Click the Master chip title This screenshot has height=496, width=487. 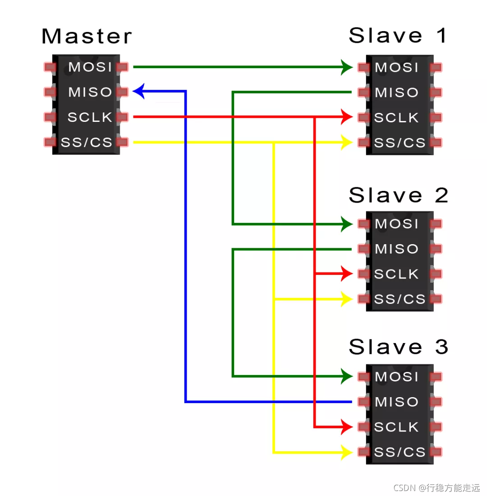(x=87, y=37)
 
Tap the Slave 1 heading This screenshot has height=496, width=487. (x=398, y=36)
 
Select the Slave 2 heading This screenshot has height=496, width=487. (x=398, y=195)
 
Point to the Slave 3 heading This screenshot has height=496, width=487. (x=398, y=347)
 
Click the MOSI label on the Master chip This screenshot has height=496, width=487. (x=90, y=67)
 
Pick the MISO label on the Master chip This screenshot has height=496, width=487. (x=90, y=93)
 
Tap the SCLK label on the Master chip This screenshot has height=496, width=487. (x=90, y=117)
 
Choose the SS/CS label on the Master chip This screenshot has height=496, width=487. (x=87, y=143)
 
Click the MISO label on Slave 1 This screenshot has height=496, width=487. (x=397, y=93)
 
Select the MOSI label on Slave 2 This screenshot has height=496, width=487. (x=397, y=224)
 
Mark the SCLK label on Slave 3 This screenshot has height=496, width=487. (x=397, y=427)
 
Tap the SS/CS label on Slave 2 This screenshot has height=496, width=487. (x=400, y=299)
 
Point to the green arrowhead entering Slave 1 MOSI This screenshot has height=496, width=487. (x=347, y=67)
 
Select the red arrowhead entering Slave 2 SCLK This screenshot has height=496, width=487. (x=347, y=273)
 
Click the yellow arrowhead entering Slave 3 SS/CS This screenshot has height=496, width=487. (x=347, y=452)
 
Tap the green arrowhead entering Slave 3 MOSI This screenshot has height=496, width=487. (x=347, y=376)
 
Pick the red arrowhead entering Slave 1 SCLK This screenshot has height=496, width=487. (x=347, y=117)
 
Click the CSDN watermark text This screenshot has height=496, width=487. (x=436, y=488)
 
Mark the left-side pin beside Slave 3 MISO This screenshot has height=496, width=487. (x=364, y=402)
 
